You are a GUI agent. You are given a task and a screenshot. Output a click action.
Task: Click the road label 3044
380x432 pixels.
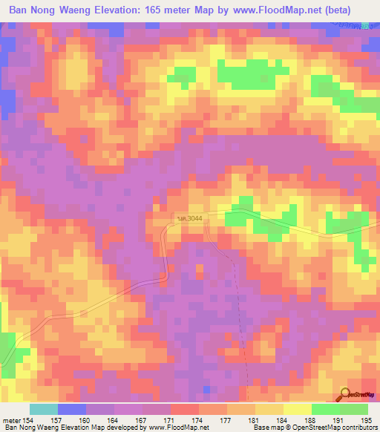coord(189,217)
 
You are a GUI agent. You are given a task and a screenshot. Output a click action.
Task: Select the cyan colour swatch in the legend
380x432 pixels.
coord(44,410)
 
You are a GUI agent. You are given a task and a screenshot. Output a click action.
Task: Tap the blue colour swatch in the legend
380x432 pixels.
coord(72,410)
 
